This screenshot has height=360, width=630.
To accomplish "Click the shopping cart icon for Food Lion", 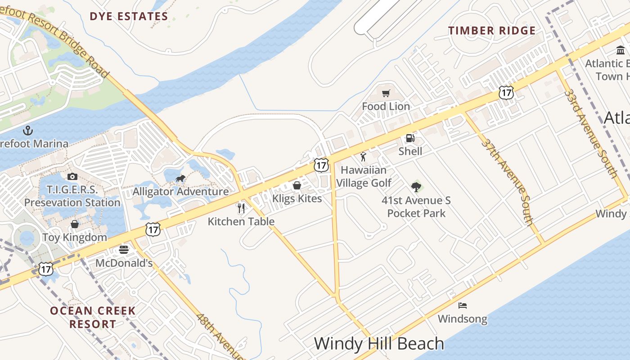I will click(386, 94).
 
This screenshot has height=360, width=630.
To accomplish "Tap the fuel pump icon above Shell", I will click(410, 138).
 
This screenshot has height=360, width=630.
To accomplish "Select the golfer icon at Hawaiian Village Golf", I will click(363, 157).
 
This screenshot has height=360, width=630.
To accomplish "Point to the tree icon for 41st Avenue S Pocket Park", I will click(416, 187).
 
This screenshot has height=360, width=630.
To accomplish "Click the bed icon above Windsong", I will click(462, 306).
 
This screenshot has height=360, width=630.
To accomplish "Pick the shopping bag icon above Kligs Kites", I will click(297, 185).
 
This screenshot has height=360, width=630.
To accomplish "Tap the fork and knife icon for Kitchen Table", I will click(241, 208).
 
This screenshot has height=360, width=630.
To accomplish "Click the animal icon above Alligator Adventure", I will click(180, 179).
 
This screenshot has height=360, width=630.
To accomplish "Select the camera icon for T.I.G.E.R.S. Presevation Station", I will click(72, 176).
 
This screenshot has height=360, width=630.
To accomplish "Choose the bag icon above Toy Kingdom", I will click(75, 224).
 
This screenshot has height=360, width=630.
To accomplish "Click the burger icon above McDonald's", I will click(124, 250).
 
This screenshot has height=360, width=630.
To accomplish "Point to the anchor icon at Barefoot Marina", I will click(28, 130).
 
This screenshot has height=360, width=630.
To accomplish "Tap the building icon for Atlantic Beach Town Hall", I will click(621, 50).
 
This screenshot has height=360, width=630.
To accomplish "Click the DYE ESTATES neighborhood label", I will click(129, 17).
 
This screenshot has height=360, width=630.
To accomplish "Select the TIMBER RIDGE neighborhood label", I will click(492, 31).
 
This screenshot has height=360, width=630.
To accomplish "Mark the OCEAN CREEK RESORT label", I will click(93, 317).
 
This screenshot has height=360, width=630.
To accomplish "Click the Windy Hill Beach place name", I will click(379, 343).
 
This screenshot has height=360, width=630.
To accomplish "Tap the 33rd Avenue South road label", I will click(590, 133).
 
